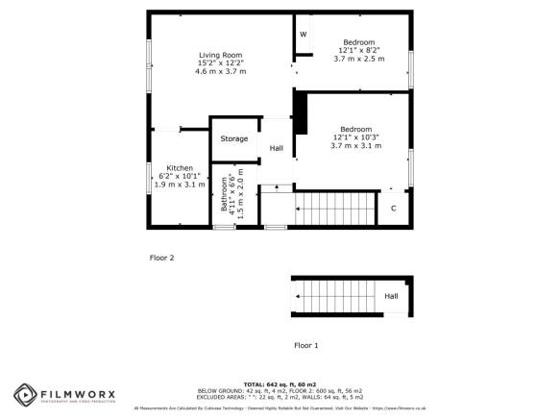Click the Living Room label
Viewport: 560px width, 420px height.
click(x=221, y=54)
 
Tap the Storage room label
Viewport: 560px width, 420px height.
click(x=234, y=139)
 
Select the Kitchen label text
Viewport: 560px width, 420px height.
click(x=180, y=166)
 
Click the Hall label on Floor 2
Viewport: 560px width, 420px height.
click(x=277, y=148)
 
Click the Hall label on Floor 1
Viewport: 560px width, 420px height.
click(x=391, y=296)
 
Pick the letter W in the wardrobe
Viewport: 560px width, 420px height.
click(x=303, y=35)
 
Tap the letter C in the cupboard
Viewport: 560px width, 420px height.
click(x=393, y=208)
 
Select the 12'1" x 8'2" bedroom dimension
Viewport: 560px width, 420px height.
click(x=358, y=51)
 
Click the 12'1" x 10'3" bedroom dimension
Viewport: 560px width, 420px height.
click(x=356, y=137)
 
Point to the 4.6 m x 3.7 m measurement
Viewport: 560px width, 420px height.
click(x=221, y=71)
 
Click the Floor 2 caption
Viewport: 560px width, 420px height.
click(x=161, y=258)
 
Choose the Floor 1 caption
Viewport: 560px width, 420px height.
click(x=305, y=344)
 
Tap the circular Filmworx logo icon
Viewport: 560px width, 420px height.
click(x=25, y=395)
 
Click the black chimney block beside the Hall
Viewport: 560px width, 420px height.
click(x=299, y=112)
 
